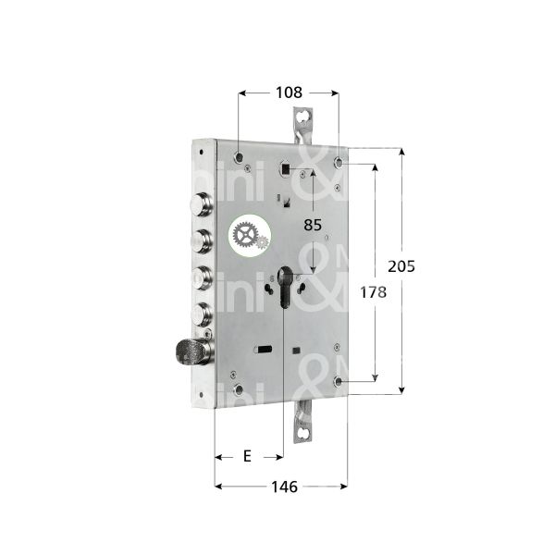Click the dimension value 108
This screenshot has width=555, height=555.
(287, 92)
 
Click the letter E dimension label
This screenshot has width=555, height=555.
(247, 456)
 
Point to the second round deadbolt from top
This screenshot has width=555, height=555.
(199, 241)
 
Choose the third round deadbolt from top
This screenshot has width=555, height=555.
(200, 277)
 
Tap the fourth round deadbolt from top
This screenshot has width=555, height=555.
(201, 311)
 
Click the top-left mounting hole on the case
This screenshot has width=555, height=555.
(240, 158)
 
